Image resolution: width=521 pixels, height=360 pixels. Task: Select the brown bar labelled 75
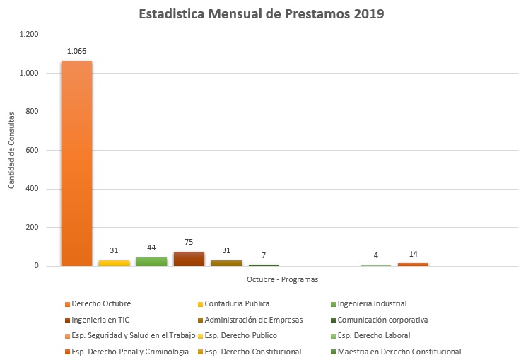click(x=189, y=259)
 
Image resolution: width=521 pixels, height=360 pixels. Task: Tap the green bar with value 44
click(x=151, y=262)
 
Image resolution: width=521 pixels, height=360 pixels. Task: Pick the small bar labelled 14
click(x=413, y=265)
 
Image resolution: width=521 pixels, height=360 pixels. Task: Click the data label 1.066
click(x=76, y=51)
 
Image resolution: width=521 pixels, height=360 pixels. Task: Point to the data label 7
click(x=264, y=255)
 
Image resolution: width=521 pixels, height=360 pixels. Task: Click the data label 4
click(x=375, y=255)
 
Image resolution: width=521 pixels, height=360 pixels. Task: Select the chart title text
click(x=262, y=14)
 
